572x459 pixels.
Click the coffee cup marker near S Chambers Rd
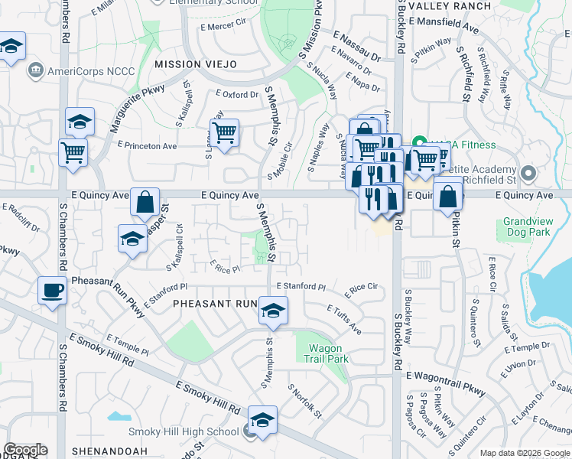[52, 291]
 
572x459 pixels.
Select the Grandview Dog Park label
[528, 226]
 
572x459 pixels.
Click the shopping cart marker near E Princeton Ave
[225, 133]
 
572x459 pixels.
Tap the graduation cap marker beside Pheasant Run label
[272, 311]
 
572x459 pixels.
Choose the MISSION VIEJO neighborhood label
[195, 64]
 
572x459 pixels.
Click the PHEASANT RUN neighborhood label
[214, 304]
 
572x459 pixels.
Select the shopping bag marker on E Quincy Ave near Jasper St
[145, 203]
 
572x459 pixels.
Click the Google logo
[25, 449]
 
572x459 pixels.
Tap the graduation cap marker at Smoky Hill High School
[262, 420]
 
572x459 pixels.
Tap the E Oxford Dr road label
[236, 95]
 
